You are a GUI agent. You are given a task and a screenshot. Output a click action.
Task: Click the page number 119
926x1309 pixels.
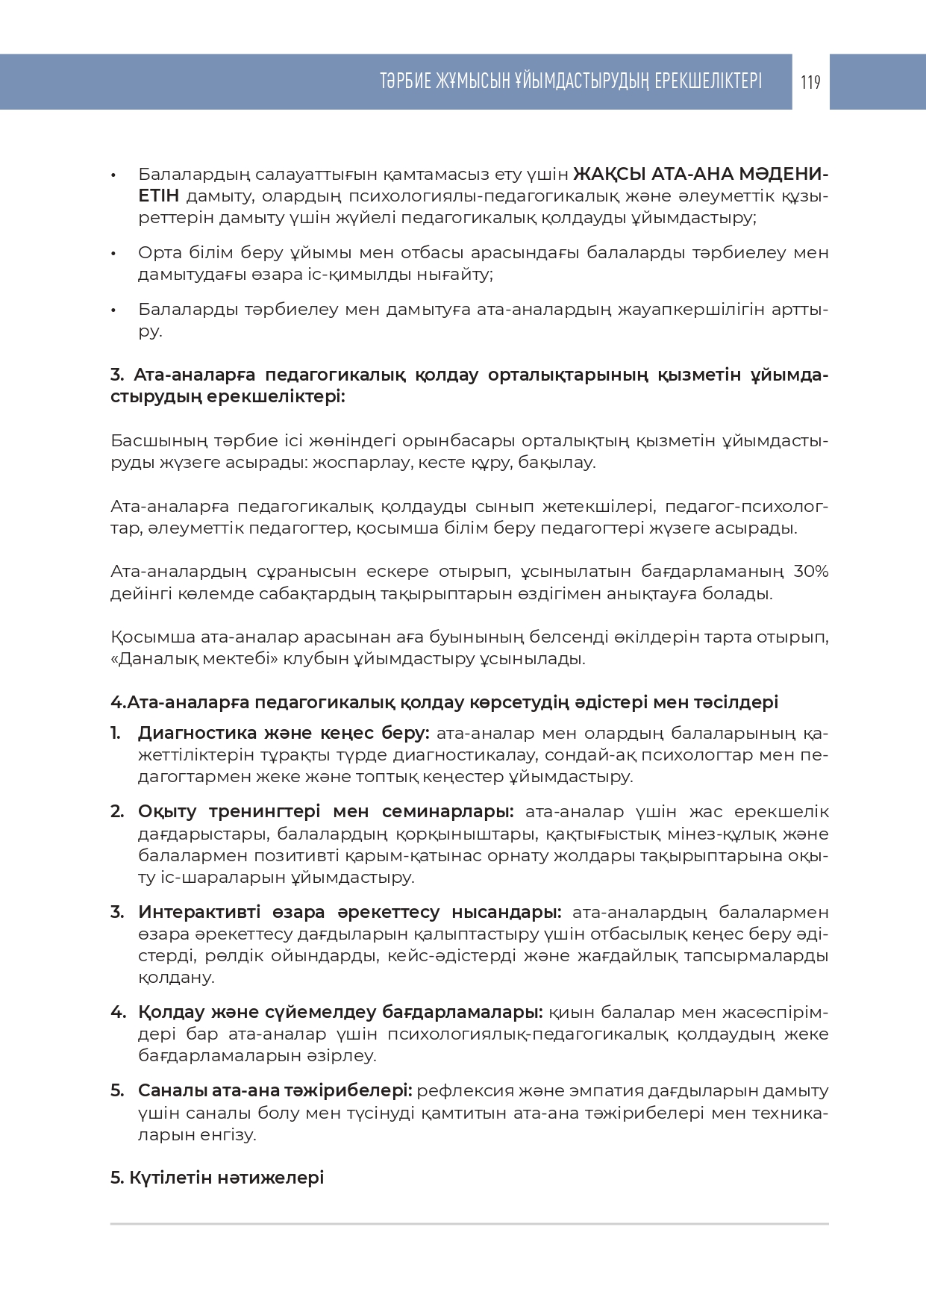pyautogui.click(x=810, y=82)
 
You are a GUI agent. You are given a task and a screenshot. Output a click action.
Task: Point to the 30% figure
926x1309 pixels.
pyautogui.click(x=811, y=572)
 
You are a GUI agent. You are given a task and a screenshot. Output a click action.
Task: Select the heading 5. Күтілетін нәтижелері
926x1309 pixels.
pyautogui.click(x=217, y=1178)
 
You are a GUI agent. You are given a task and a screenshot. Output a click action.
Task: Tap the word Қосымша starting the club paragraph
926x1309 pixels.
pyautogui.click(x=153, y=638)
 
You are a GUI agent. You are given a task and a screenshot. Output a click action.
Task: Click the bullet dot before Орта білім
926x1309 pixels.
pyautogui.click(x=113, y=254)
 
